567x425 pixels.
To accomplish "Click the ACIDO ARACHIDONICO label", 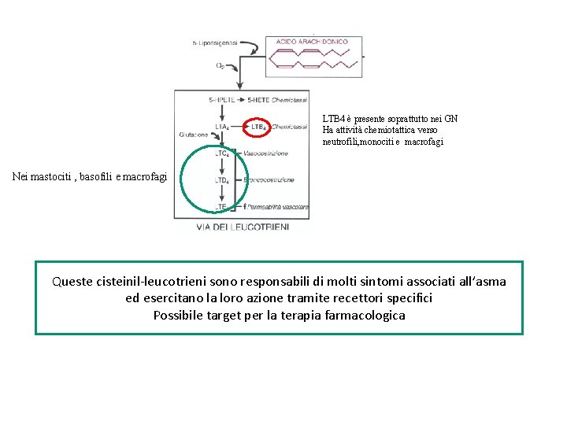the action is [314, 42].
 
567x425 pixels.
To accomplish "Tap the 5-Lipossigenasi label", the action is [215, 42].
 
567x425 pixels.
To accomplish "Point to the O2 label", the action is [220, 66].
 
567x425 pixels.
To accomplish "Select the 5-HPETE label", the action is [222, 101].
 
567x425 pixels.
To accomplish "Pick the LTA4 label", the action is [222, 126].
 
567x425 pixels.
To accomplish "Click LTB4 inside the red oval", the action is [258, 126].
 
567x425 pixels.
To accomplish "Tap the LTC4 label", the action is [222, 153].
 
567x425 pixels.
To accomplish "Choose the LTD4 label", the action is [222, 180].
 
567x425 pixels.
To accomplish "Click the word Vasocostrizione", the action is [266, 153].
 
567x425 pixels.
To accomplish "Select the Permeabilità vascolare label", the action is [278, 207].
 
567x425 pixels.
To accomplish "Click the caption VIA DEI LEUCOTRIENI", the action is [242, 227].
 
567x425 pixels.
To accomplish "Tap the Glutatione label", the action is [193, 135].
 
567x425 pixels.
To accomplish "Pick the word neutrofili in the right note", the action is [342, 142].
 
